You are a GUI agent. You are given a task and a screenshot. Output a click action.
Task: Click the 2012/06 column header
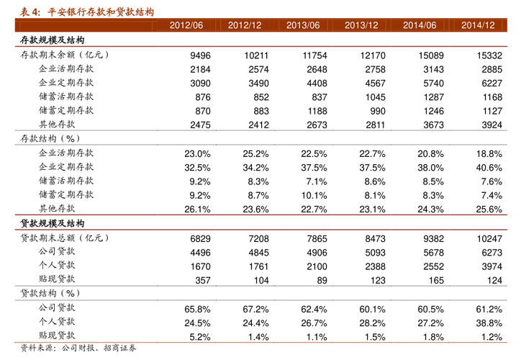(186, 25)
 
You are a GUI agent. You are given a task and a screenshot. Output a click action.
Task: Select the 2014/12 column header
(478, 25)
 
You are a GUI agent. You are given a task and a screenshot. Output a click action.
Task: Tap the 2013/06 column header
(303, 25)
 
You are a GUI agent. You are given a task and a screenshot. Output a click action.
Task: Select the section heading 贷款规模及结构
(52, 224)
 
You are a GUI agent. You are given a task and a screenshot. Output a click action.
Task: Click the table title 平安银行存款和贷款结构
(100, 10)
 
